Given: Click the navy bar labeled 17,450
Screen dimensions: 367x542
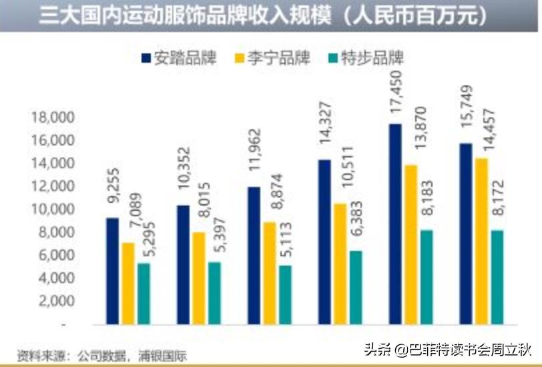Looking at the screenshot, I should click(x=396, y=224).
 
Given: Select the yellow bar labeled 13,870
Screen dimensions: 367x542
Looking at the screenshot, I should click(x=411, y=244).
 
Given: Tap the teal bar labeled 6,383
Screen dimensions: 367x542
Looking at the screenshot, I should click(x=356, y=288).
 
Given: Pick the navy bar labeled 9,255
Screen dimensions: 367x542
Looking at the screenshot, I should click(x=113, y=271).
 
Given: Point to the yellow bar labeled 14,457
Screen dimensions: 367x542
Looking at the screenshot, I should click(x=481, y=241).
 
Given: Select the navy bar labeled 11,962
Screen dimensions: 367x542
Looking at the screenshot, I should click(x=254, y=256).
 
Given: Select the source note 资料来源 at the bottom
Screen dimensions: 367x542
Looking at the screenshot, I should click(x=100, y=354).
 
